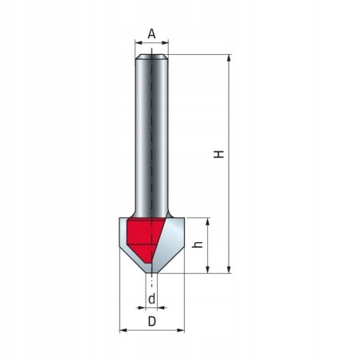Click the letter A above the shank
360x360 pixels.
151,34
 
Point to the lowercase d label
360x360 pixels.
151,299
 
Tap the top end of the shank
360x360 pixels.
151,57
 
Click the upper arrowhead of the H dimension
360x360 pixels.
229,58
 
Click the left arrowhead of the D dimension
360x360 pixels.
122,329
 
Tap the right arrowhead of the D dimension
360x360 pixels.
181,329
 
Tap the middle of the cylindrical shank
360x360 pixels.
151,135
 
